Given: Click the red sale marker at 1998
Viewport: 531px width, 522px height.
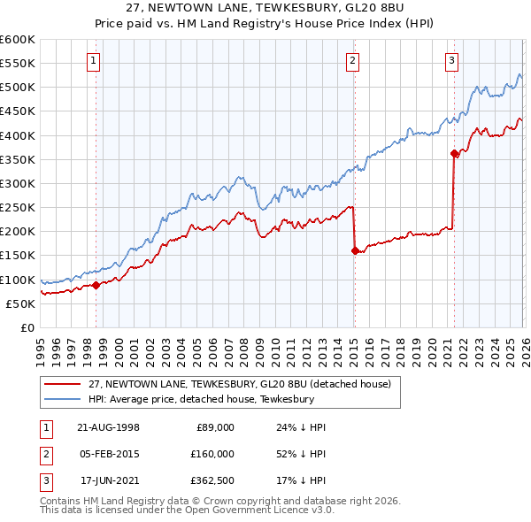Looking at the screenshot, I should tap(96, 285).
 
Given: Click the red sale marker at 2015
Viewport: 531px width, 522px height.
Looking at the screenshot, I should tap(354, 250).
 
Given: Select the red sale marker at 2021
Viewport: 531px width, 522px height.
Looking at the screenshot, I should tap(454, 153).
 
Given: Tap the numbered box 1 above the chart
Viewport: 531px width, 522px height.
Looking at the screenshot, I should tap(94, 60).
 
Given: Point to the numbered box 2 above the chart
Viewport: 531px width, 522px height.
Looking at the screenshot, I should tap(352, 60).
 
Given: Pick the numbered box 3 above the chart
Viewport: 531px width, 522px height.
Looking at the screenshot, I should tap(451, 60).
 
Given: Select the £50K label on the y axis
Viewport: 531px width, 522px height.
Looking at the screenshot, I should tap(20, 303).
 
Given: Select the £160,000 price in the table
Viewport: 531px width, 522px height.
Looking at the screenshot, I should tap(212, 453).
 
